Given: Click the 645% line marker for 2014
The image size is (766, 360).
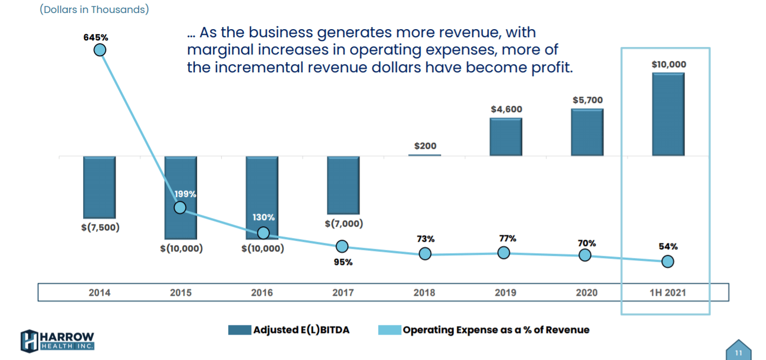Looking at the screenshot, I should click(100, 50).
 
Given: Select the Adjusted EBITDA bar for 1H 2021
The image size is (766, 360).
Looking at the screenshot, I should click(668, 114).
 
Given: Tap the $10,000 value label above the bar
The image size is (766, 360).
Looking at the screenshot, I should click(669, 64).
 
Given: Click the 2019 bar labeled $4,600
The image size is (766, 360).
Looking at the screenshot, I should click(505, 137).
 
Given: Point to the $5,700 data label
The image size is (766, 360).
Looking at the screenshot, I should click(587, 100).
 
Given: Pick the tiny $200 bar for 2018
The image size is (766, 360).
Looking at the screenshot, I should click(425, 155).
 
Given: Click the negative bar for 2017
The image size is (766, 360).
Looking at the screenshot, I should click(343, 185).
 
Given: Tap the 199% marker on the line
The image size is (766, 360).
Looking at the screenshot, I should click(180, 207).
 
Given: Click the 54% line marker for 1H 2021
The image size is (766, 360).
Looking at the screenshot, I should click(668, 261).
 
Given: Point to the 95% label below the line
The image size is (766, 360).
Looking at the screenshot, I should click(343, 262).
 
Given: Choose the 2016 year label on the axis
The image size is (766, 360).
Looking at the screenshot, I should click(262, 293).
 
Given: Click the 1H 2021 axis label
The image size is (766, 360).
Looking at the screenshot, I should click(668, 293).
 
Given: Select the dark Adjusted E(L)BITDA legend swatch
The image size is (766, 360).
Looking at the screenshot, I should click(240, 330).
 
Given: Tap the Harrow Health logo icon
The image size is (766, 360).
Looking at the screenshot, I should click(30, 340).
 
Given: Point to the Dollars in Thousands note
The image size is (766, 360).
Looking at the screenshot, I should click(94, 9).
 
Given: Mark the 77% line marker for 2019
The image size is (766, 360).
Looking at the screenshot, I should click(503, 253).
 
